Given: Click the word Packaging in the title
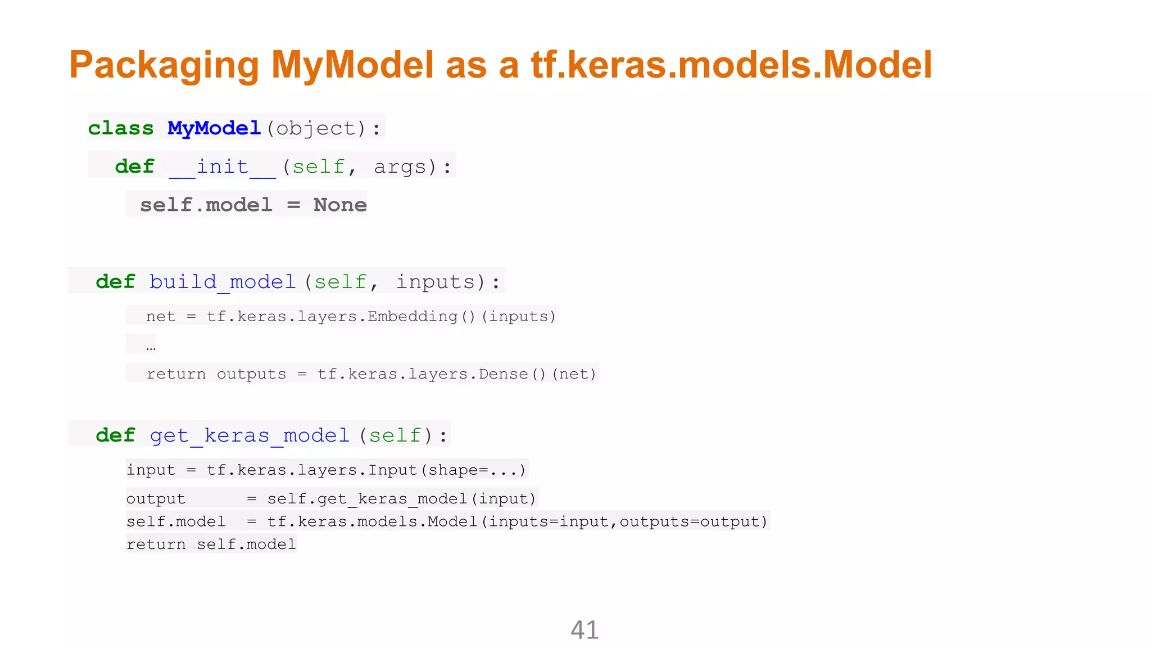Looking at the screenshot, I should tap(164, 65).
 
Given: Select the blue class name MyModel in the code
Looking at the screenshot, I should tap(214, 128).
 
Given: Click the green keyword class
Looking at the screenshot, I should tap(121, 128).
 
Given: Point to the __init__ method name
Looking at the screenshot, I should tap(223, 167).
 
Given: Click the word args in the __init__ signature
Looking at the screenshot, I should tap(400, 167).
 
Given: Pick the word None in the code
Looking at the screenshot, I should tap(340, 205).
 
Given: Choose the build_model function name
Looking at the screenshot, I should tap(223, 281).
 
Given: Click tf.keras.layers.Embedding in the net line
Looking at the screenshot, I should tap(332, 317).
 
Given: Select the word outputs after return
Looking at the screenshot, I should tap(251, 374).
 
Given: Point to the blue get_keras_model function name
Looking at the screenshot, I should tap(250, 435).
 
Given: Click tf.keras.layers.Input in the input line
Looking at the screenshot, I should tap(312, 470).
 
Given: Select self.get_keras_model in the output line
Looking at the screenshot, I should tap(367, 499).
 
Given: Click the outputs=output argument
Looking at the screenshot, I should tap(693, 522).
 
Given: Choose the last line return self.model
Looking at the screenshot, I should tap(211, 544).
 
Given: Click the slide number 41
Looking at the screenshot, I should tap(584, 630).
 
